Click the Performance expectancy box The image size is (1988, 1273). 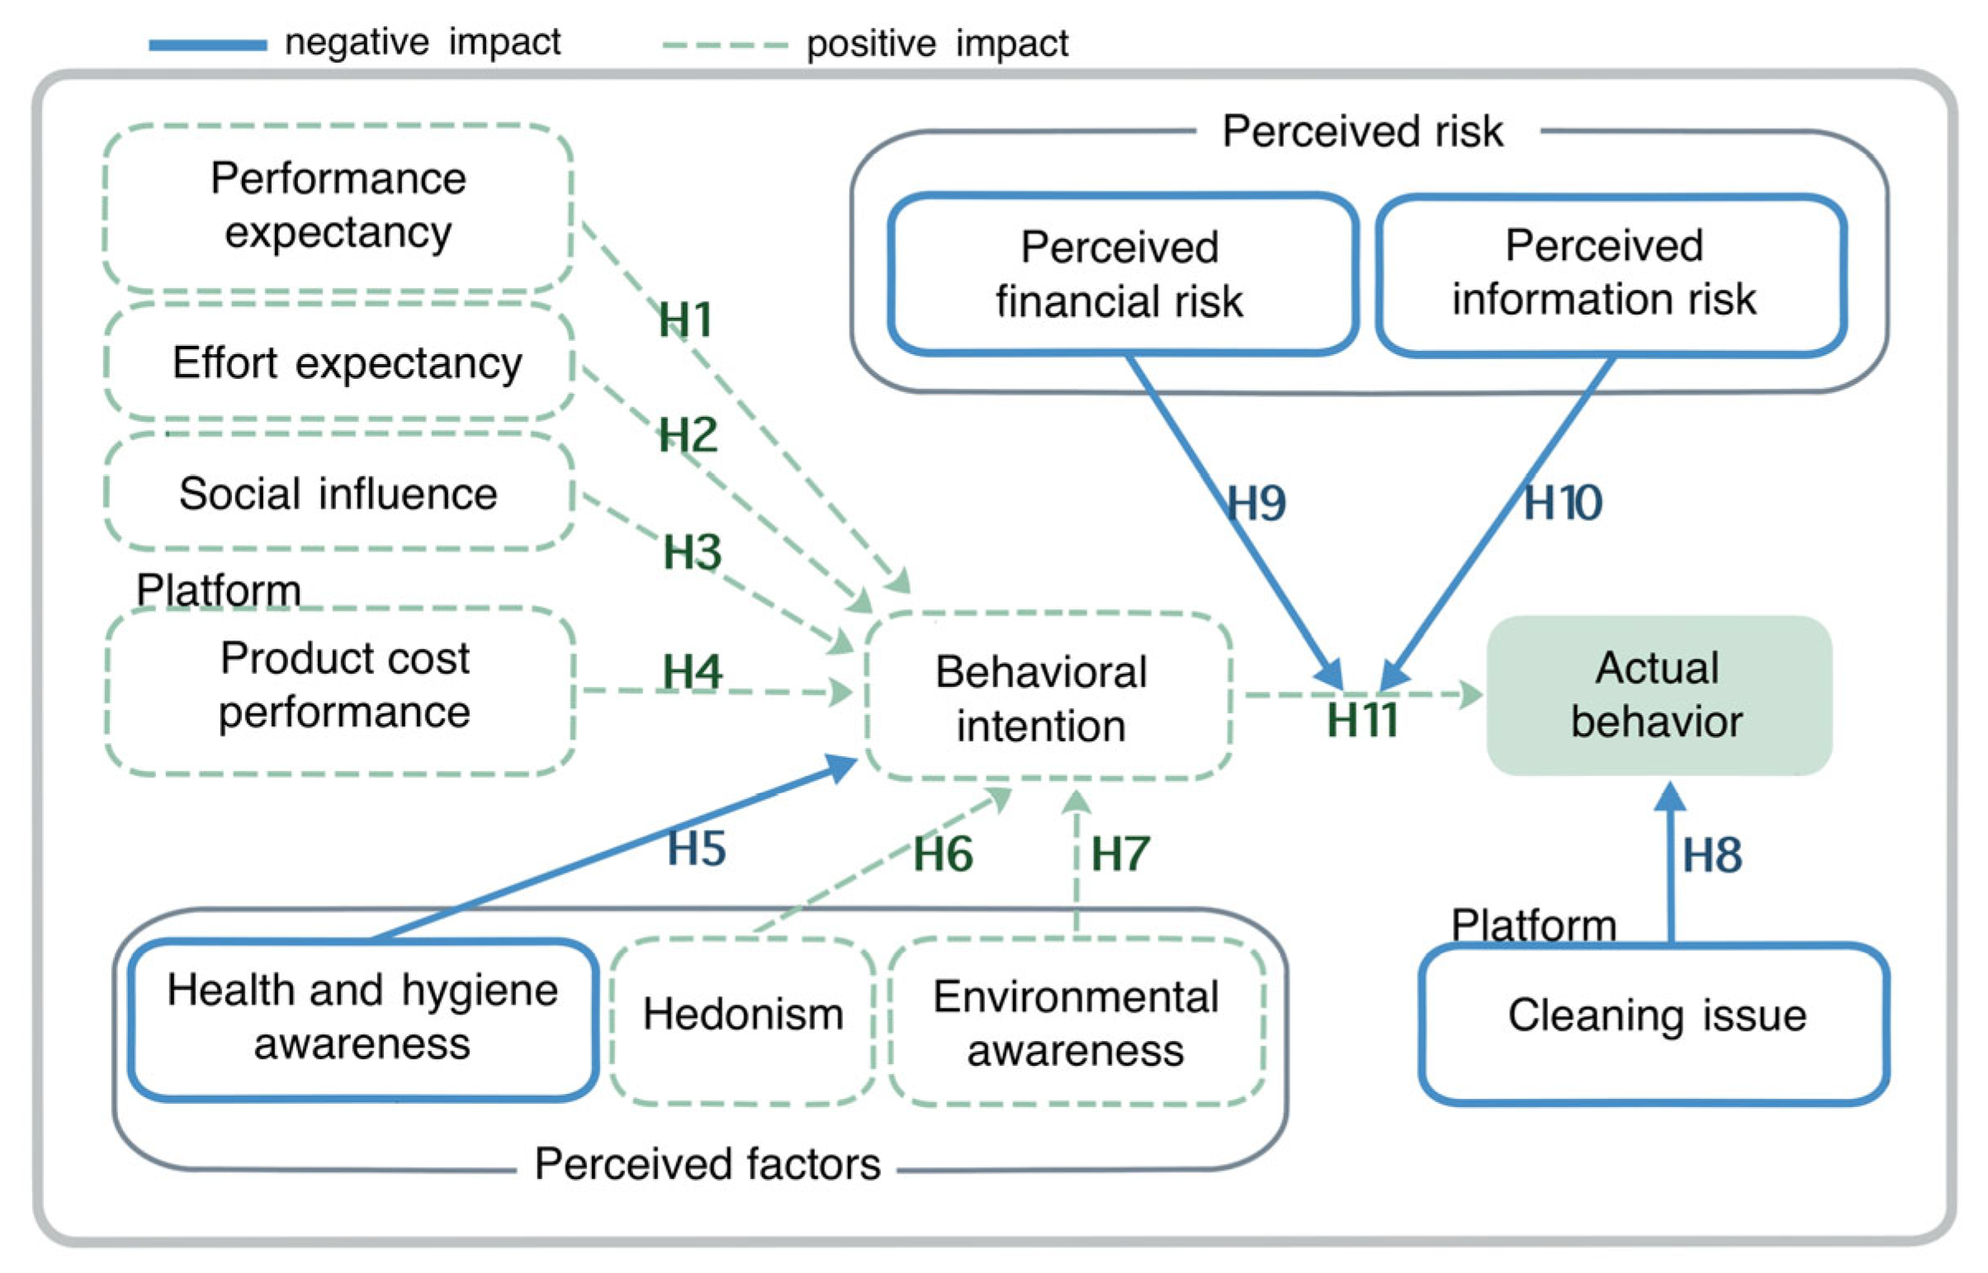(x=338, y=206)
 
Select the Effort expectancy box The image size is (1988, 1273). (x=340, y=362)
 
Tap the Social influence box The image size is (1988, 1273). (x=340, y=494)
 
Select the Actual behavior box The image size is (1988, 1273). (x=1658, y=695)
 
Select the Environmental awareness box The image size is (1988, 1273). (x=1076, y=1022)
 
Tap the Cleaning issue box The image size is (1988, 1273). (x=1654, y=1022)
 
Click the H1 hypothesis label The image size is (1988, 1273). (x=684, y=320)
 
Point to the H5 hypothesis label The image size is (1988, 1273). (x=696, y=848)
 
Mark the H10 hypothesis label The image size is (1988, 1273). (x=1561, y=503)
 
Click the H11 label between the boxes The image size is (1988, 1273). (x=1361, y=721)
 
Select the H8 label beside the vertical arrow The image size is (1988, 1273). (x=1712, y=854)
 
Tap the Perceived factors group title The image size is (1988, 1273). (x=707, y=1164)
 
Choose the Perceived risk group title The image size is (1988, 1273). (x=1362, y=131)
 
